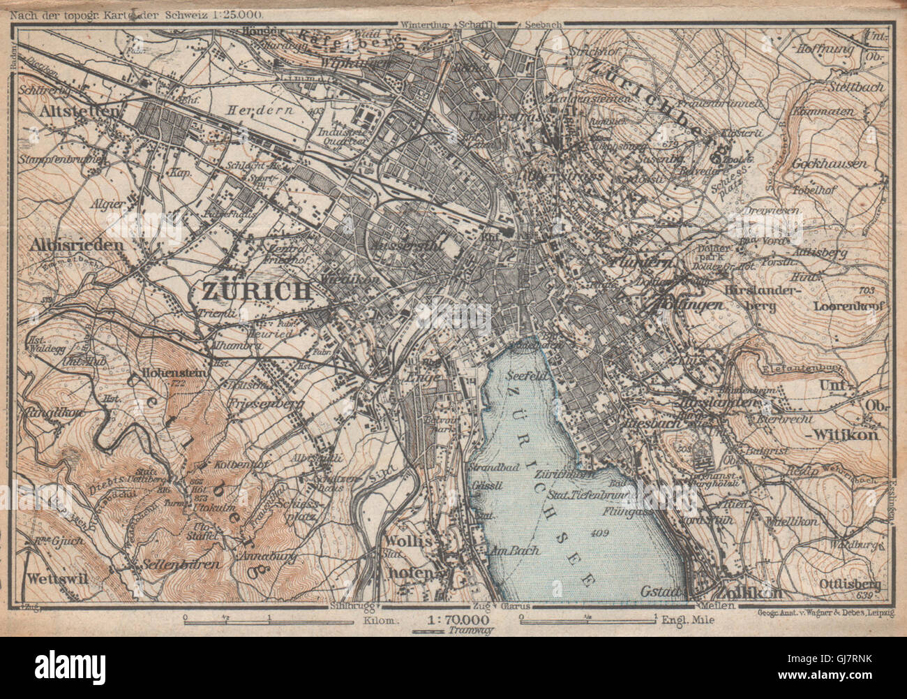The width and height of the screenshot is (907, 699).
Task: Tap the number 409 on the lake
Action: click(x=598, y=535)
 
